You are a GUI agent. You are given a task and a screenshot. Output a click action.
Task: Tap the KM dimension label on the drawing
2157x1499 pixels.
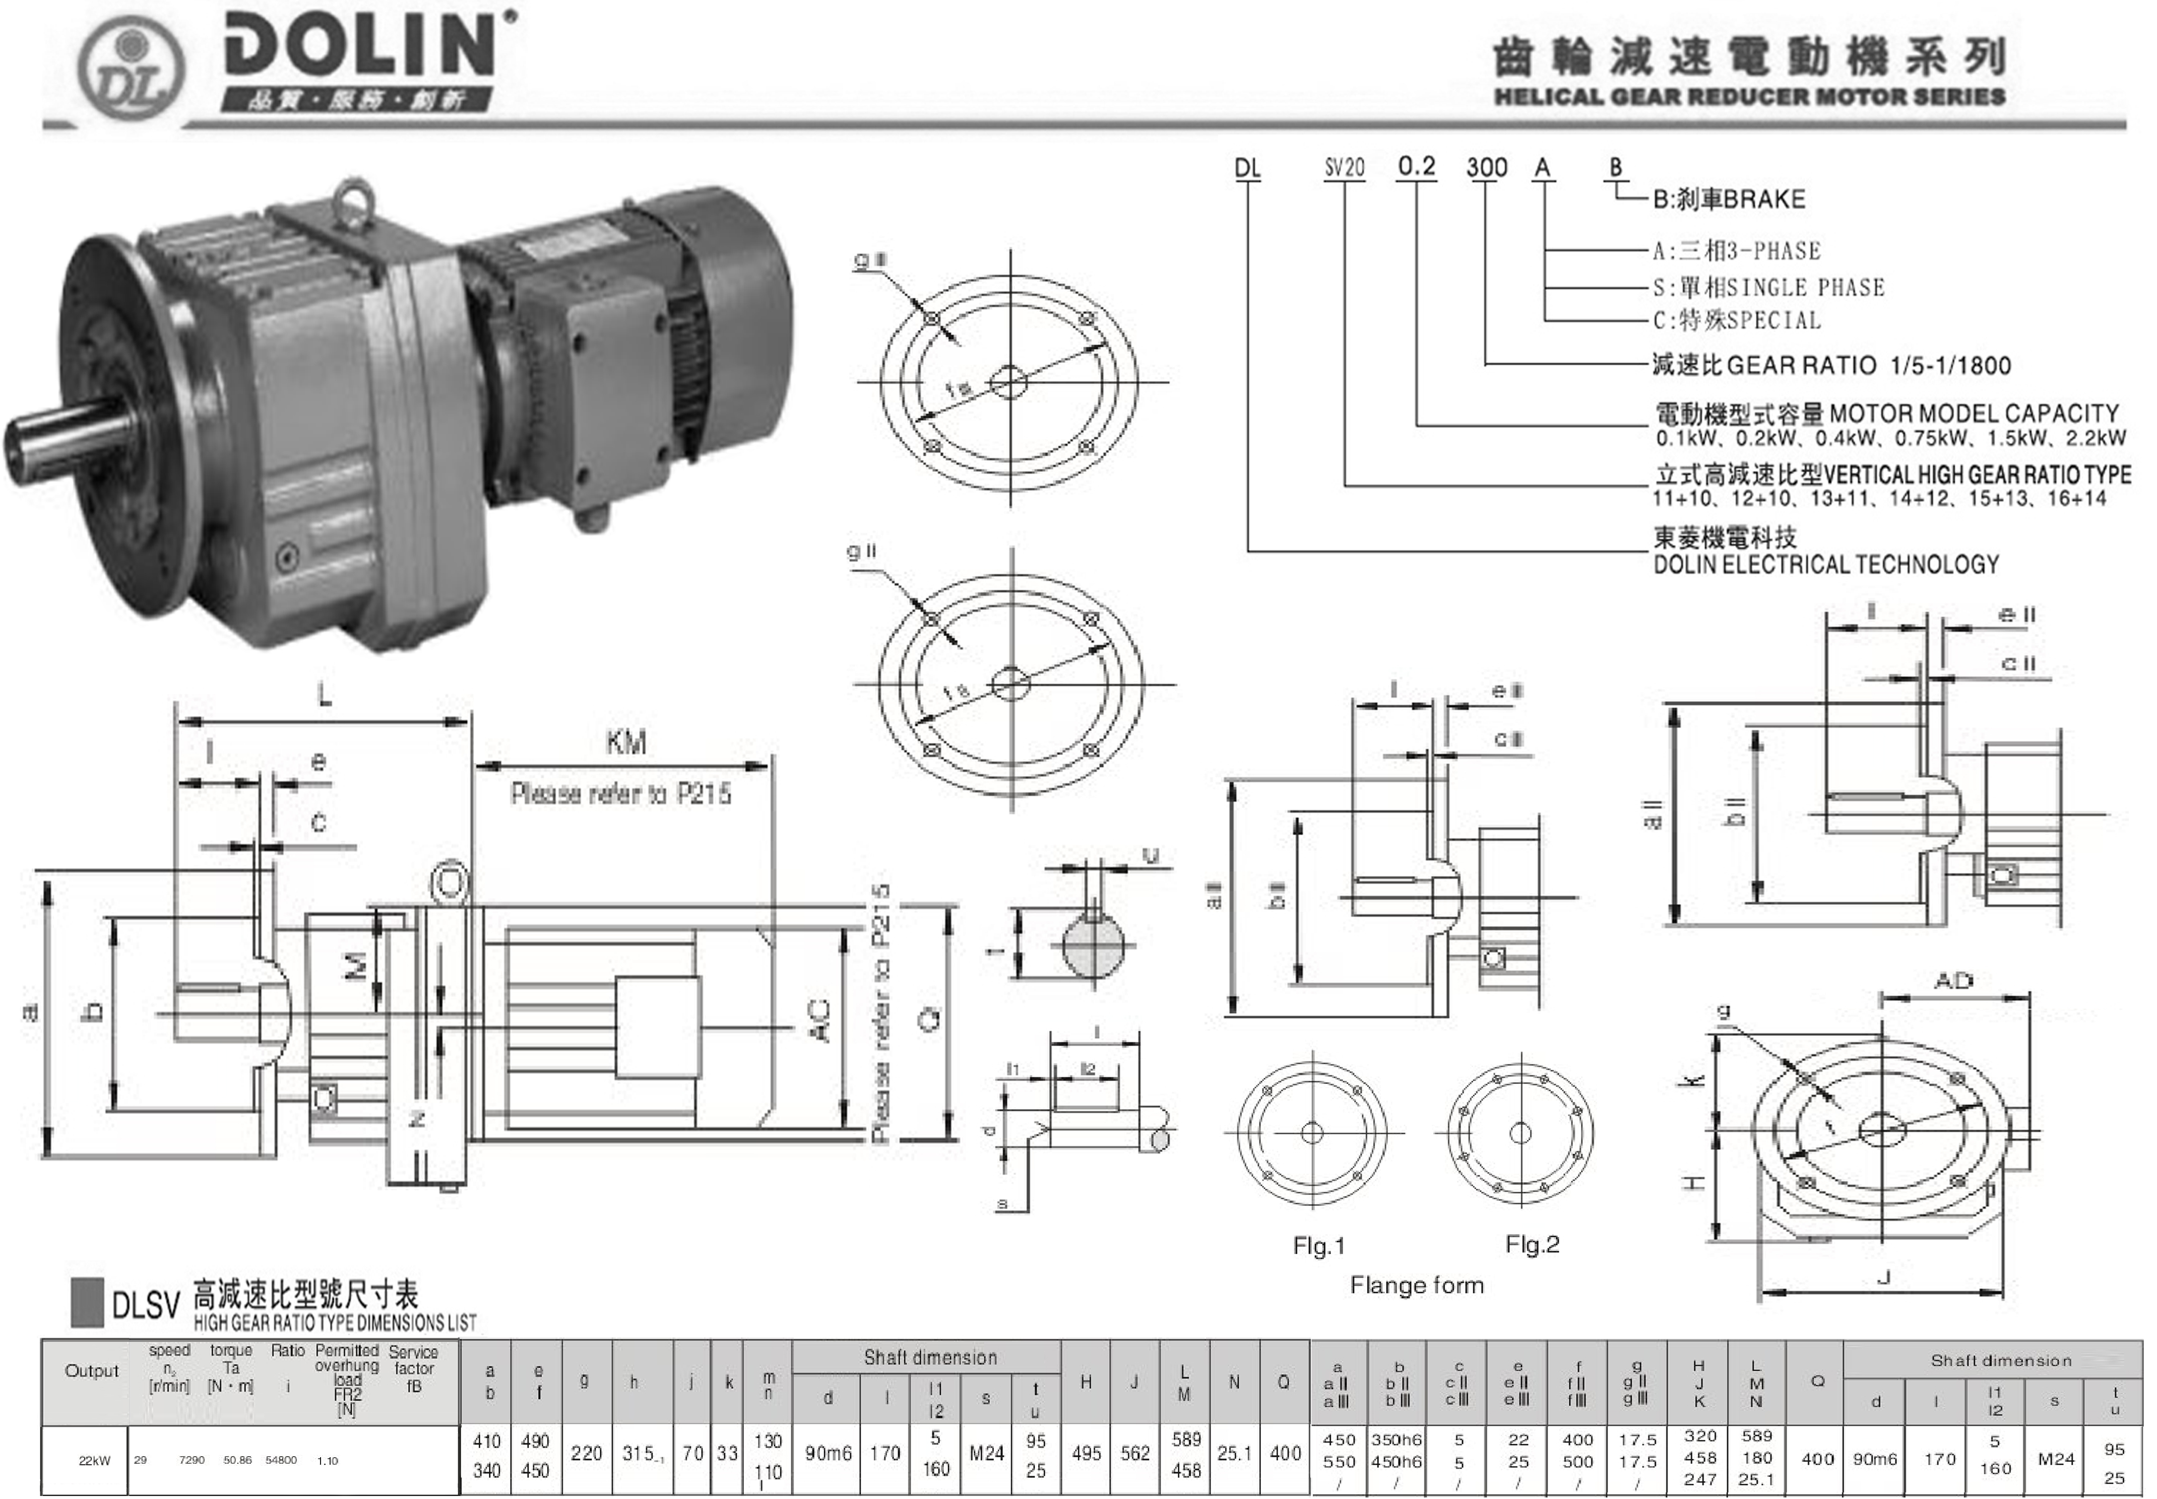pos(625,743)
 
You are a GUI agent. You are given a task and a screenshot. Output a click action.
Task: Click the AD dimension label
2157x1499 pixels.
pos(1954,981)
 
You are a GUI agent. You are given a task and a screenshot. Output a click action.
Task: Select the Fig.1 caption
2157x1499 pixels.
pos(1319,1246)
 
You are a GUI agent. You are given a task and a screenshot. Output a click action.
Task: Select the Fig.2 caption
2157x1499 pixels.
pos(1532,1245)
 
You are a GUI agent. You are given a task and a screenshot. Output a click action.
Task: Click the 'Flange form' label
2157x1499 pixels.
pos(1417,1285)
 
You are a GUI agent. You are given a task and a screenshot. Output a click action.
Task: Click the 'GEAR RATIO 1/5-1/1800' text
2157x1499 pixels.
pos(1832,365)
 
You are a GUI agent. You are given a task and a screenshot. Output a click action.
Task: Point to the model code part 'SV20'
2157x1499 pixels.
pos(1345,168)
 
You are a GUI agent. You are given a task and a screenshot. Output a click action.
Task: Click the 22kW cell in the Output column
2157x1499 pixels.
pos(94,1461)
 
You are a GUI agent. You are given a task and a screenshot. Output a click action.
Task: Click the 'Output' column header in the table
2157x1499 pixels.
pos(91,1371)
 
